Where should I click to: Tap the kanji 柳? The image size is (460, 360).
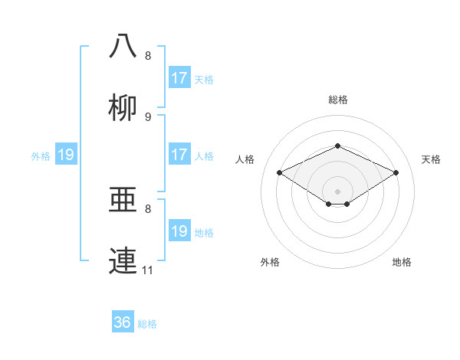point(123,109)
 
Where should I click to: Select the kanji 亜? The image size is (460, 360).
point(123,201)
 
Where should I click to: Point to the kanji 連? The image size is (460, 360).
point(123,260)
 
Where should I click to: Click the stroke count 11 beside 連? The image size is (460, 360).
point(148,270)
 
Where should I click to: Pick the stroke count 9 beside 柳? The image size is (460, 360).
point(148,117)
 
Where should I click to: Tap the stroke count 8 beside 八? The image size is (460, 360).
point(148,56)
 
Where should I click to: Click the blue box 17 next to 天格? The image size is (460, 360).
point(179,78)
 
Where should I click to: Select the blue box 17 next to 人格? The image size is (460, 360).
point(179,155)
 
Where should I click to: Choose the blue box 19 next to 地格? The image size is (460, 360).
point(179,231)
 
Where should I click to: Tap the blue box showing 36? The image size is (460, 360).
point(123,322)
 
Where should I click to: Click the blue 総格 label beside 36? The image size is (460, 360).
point(148,324)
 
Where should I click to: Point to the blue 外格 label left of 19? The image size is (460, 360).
point(41,156)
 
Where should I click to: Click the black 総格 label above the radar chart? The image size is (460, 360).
point(337,100)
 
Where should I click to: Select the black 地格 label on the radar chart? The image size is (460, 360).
point(402,262)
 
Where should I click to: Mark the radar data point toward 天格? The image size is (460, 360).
point(396,173)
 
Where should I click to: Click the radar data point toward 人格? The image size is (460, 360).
point(279,173)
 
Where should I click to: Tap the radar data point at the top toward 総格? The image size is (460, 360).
point(337,146)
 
